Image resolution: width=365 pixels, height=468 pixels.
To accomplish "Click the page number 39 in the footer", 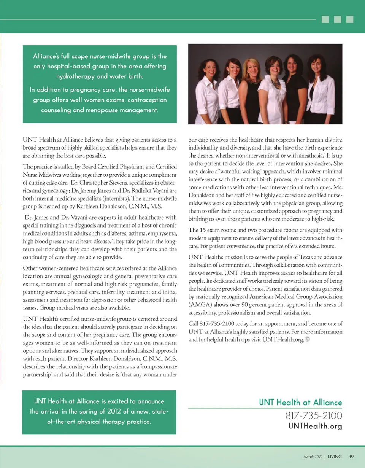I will tap(351, 456).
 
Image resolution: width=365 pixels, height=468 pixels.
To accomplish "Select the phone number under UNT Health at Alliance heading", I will tap(311, 415).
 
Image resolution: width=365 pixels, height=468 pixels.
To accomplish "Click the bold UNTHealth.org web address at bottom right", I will tap(316, 426).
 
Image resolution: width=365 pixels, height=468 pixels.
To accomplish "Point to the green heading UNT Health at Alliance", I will tap(301, 402).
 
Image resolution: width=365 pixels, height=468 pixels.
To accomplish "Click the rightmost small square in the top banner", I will tap(350, 19).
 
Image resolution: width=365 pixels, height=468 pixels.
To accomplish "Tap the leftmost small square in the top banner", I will tap(325, 19).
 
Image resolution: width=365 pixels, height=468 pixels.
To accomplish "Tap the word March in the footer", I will tap(309, 456).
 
